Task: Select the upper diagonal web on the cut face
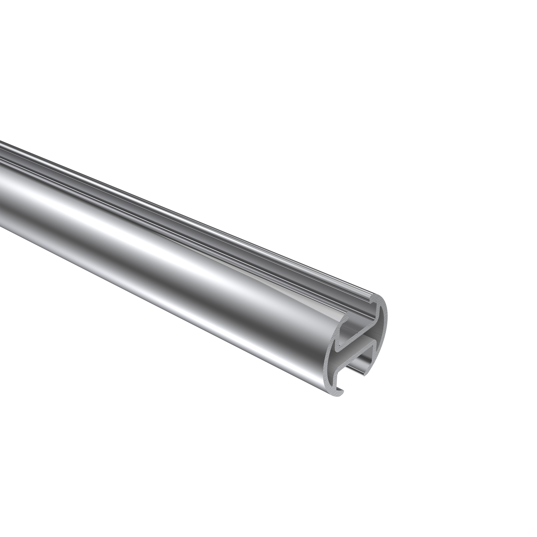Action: pos(358,331)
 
